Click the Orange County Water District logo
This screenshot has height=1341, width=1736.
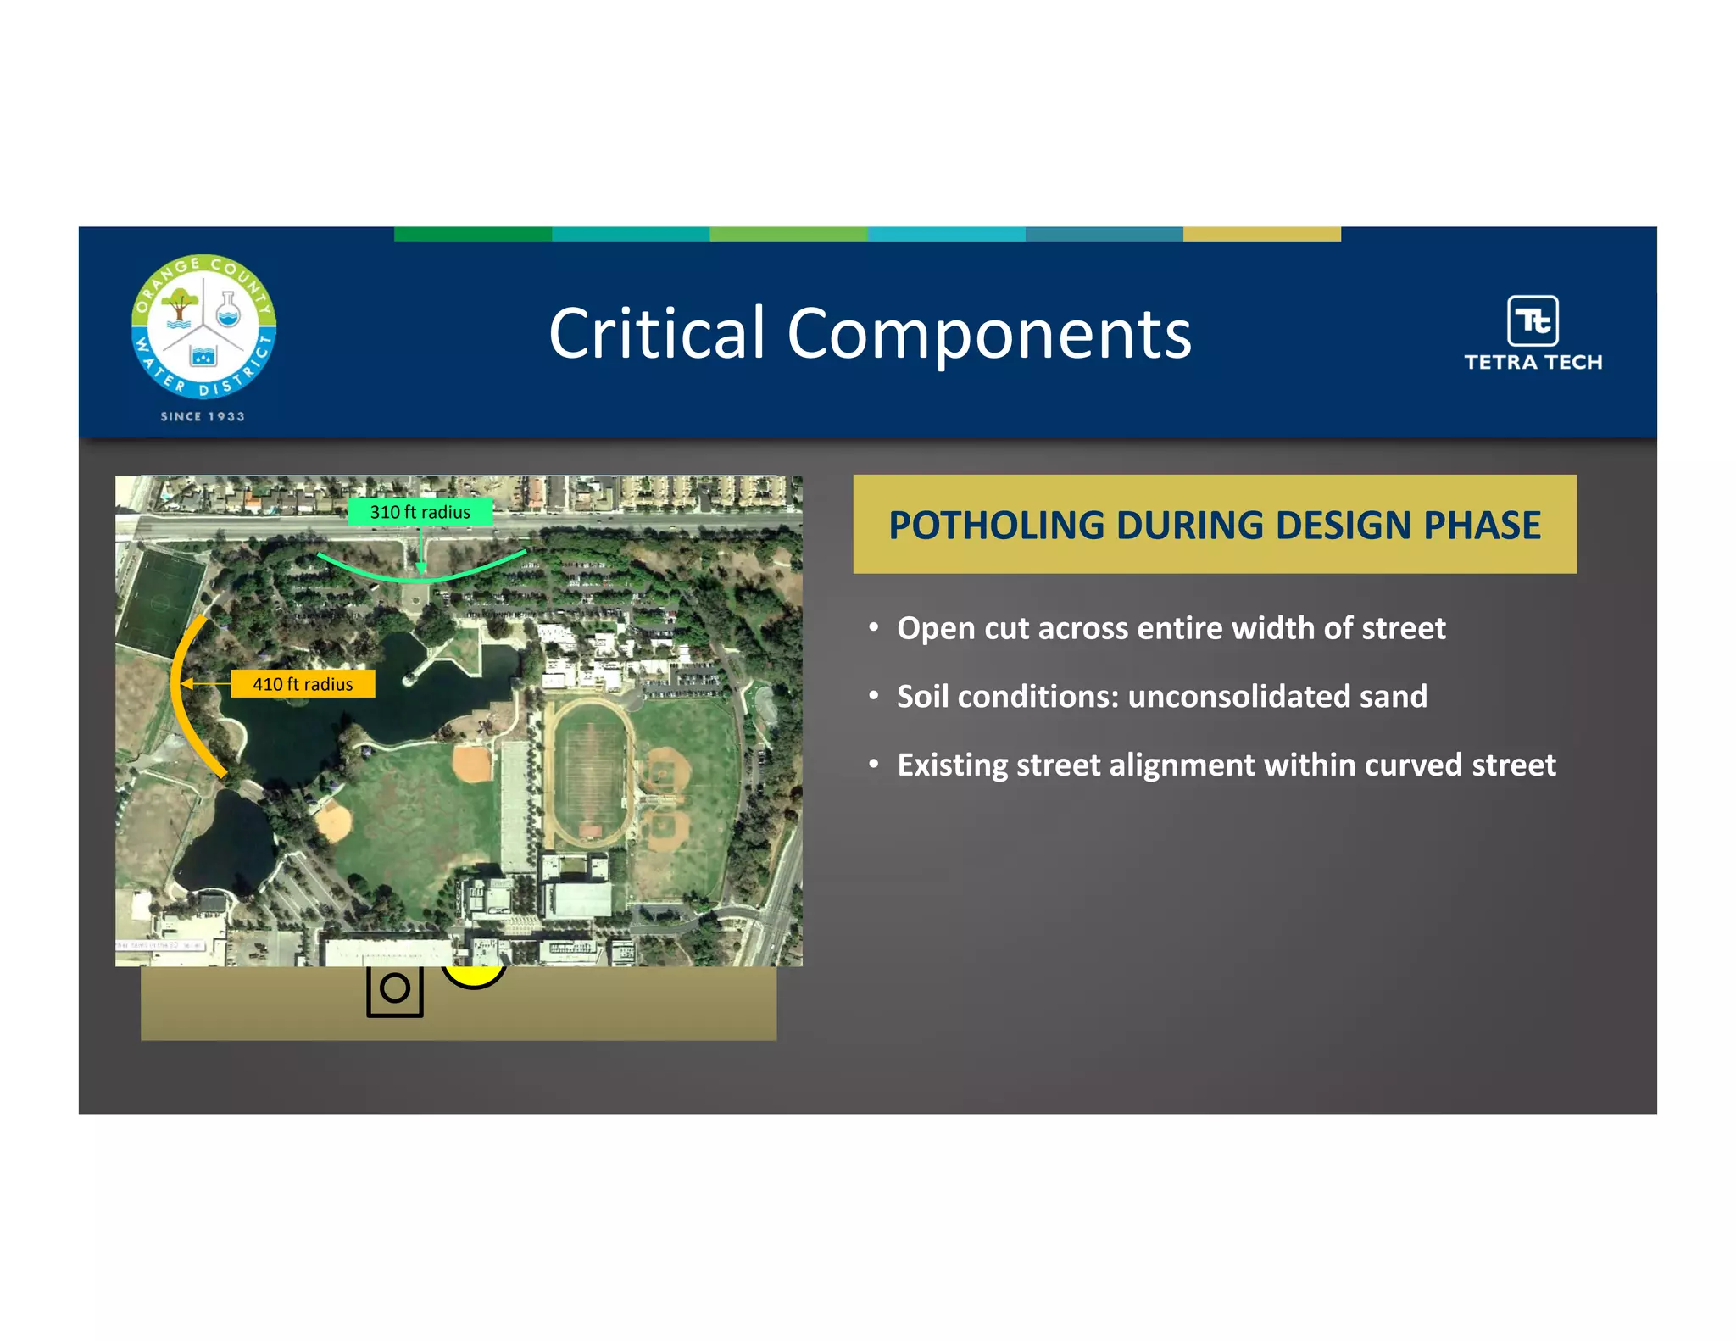tap(203, 327)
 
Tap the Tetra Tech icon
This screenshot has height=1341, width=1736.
tap(1532, 320)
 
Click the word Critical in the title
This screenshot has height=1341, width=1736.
tap(657, 333)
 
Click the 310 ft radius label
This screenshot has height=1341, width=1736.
tap(420, 512)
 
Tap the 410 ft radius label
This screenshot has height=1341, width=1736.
tap(303, 684)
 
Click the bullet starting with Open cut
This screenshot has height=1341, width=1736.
tap(1171, 628)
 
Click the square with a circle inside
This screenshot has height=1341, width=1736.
tap(395, 989)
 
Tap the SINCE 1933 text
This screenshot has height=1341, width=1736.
tap(203, 416)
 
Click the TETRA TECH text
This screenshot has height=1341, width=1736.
tap(1533, 363)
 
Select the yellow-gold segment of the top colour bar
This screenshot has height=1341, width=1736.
tap(1261, 234)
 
